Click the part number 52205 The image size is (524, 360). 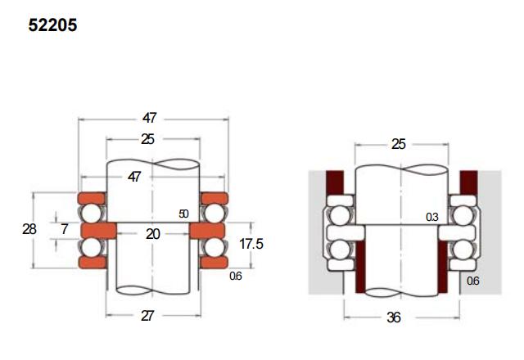[52, 25]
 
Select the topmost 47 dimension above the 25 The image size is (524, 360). [149, 118]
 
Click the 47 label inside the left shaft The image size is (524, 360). [134, 177]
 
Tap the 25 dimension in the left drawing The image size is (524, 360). [147, 139]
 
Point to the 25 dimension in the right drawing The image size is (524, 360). [399, 144]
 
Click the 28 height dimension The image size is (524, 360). [29, 229]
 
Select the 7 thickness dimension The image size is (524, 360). [65, 229]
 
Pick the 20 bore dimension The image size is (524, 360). [153, 234]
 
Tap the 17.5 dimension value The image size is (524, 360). [251, 244]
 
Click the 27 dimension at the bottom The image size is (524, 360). [147, 316]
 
